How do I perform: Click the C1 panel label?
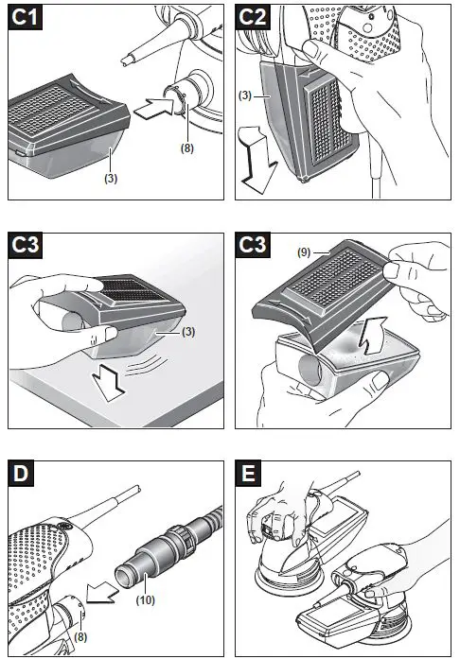pyautogui.click(x=26, y=17)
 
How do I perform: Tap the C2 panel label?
pyautogui.click(x=253, y=17)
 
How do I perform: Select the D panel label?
pyautogui.click(x=21, y=474)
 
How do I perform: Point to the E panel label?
pyautogui.click(x=248, y=474)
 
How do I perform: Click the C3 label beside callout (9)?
pyautogui.click(x=253, y=246)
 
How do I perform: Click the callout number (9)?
pyautogui.click(x=304, y=252)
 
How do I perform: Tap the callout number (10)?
pyautogui.click(x=145, y=599)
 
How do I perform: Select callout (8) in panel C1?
pyautogui.click(x=187, y=147)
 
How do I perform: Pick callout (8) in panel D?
pyautogui.click(x=80, y=636)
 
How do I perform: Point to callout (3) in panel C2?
pyautogui.click(x=245, y=95)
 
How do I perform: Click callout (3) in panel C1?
pyautogui.click(x=111, y=178)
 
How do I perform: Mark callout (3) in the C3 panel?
pyautogui.click(x=188, y=332)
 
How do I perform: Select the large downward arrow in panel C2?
pyautogui.click(x=257, y=160)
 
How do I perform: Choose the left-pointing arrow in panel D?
pyautogui.click(x=102, y=593)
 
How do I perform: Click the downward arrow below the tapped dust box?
pyautogui.click(x=109, y=383)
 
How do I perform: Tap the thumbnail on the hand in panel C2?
pyautogui.click(x=311, y=49)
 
